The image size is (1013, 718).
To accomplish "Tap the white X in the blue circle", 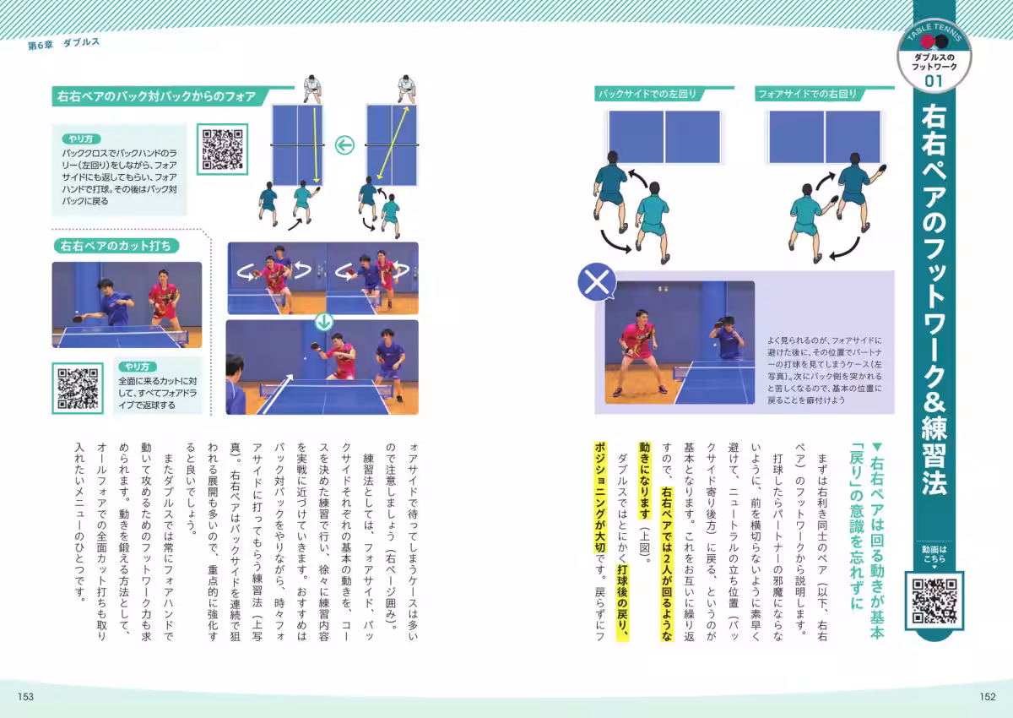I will [x=597, y=283].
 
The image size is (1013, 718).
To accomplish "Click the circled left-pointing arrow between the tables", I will [x=344, y=146].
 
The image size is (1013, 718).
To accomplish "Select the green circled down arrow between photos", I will [x=323, y=321].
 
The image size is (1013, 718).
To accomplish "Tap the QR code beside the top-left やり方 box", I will [x=223, y=149].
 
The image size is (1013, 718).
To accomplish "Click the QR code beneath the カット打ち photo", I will [x=79, y=388].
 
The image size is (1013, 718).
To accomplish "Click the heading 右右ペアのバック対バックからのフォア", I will [x=155, y=96].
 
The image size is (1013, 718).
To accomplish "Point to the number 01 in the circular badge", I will [x=934, y=81].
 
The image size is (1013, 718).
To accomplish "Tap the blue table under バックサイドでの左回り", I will [x=664, y=137].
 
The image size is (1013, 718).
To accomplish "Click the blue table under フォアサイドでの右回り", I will [x=825, y=137].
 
